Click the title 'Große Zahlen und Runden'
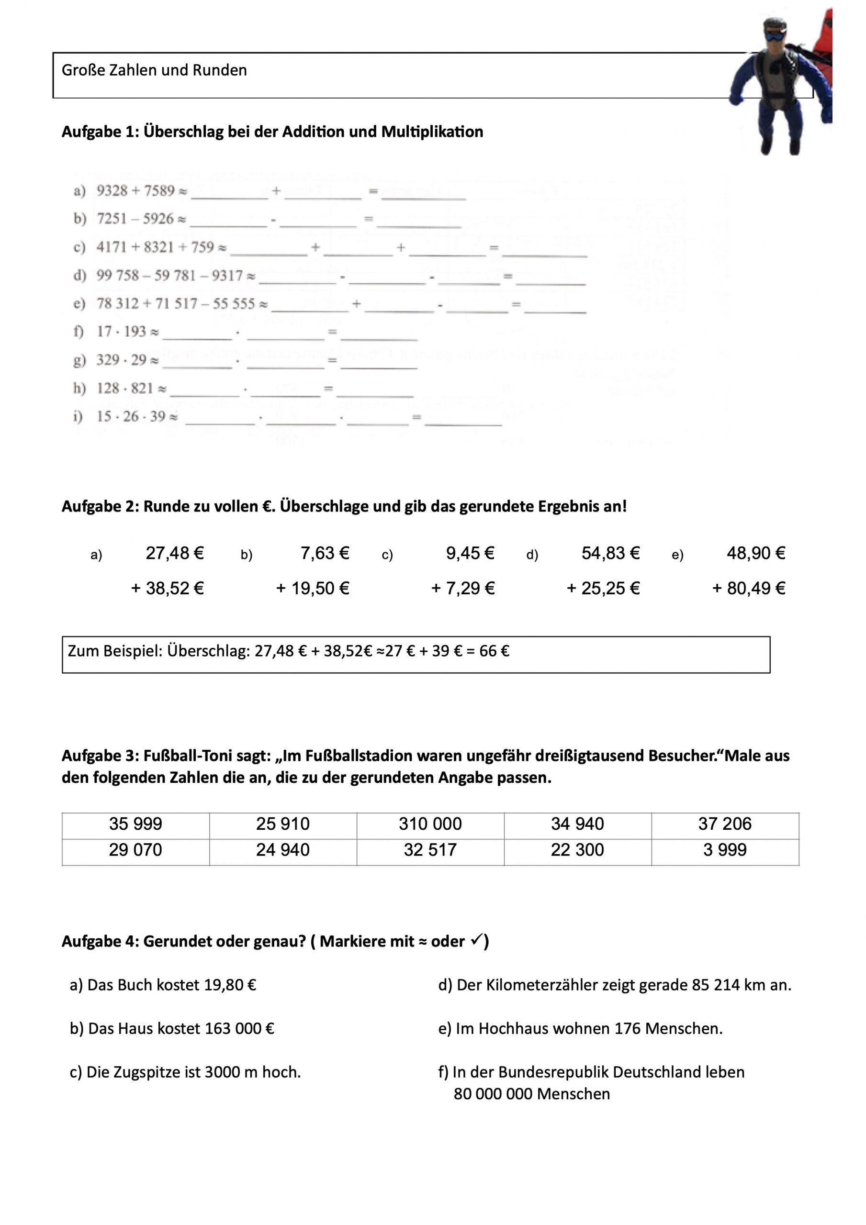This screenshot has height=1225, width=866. click(154, 70)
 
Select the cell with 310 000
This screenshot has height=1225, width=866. click(430, 824)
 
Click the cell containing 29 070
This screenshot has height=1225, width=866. click(135, 849)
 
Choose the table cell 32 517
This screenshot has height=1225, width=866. click(430, 849)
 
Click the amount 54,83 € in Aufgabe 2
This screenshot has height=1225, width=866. click(610, 553)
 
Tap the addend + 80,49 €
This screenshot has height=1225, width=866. click(749, 589)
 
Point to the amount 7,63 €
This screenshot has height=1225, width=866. click(325, 553)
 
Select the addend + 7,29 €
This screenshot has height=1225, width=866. click(463, 589)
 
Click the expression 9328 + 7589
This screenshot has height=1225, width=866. click(135, 190)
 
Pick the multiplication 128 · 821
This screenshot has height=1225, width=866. click(125, 388)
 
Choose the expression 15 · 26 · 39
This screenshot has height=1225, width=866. click(131, 416)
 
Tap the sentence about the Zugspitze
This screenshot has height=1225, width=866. click(185, 1072)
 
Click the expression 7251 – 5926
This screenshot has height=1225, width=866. click(135, 219)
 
